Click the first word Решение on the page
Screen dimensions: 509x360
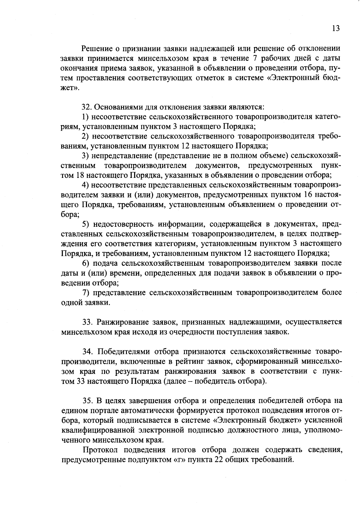pos(97,48)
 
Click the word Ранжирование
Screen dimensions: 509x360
pos(123,322)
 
